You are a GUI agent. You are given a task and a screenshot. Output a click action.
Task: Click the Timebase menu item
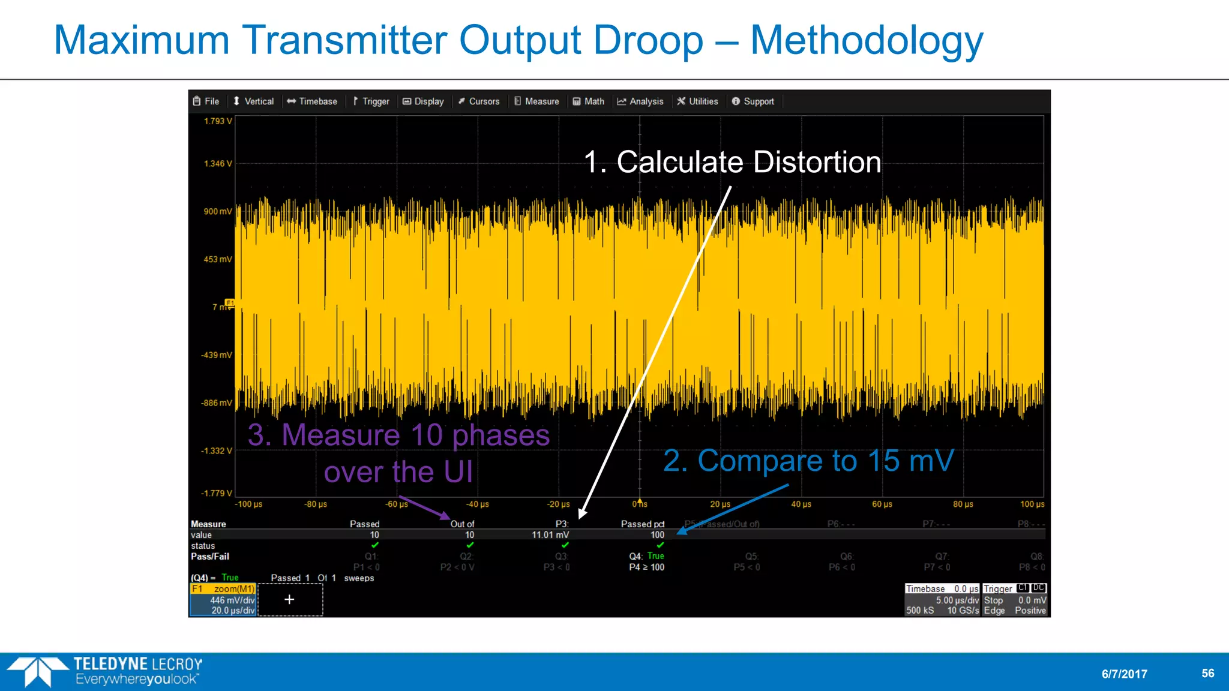coord(312,101)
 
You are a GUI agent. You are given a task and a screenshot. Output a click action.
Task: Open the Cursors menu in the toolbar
coord(479,101)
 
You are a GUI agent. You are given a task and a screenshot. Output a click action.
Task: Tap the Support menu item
coord(753,101)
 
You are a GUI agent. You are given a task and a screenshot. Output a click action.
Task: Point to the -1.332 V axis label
coord(217,451)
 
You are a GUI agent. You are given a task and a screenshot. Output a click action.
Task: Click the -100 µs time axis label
coord(248,504)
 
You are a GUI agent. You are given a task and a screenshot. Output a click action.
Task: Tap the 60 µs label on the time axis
coord(882,504)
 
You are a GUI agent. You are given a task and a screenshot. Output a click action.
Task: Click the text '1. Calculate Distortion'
coord(732,162)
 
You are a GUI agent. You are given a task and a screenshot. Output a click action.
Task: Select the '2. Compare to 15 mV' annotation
coord(808,461)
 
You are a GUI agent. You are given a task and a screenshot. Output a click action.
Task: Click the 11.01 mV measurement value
coord(550,535)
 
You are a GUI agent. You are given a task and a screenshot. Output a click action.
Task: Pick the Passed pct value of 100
coord(657,535)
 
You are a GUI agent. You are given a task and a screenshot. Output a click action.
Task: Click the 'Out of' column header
coord(462,524)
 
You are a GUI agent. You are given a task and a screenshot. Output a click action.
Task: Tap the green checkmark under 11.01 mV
coord(565,545)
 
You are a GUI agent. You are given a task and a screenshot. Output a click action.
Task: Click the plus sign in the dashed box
coord(289,599)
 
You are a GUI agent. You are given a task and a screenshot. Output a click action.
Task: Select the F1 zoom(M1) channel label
coord(223,589)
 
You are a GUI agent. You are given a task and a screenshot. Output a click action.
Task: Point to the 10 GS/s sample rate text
coord(963,611)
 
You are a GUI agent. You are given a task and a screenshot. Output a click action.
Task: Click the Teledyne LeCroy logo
coord(105,671)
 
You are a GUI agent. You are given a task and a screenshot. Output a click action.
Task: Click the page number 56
coord(1207,673)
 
